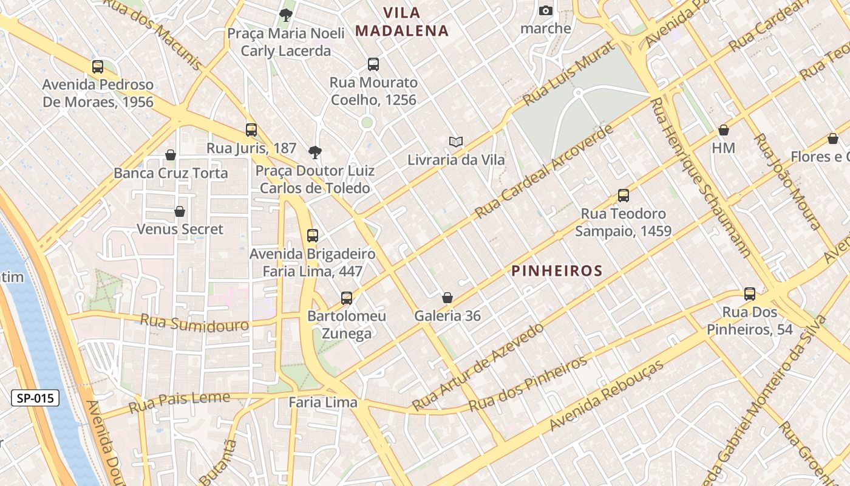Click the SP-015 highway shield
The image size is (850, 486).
click(x=36, y=399)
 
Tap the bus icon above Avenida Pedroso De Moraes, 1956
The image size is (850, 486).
click(x=98, y=67)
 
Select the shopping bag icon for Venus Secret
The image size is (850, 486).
click(x=180, y=211)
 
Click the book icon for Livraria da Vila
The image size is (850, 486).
click(x=456, y=142)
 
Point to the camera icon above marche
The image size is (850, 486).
click(x=546, y=10)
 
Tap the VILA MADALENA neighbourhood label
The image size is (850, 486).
click(x=402, y=22)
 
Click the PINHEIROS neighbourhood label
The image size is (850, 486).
click(x=557, y=271)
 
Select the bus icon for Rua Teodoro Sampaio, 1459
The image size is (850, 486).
click(x=624, y=196)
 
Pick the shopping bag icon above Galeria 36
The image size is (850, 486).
click(x=447, y=298)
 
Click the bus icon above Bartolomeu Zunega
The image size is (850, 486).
click(x=347, y=298)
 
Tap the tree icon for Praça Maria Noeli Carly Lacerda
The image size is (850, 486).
click(x=285, y=15)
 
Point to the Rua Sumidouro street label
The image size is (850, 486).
click(x=194, y=323)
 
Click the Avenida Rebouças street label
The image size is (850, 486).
click(x=607, y=395)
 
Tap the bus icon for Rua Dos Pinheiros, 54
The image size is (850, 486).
click(x=750, y=294)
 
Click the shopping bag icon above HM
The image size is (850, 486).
click(x=724, y=130)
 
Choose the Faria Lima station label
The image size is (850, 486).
click(x=323, y=402)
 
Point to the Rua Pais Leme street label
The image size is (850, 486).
click(x=171, y=401)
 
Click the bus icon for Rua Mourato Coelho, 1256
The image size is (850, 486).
click(x=373, y=64)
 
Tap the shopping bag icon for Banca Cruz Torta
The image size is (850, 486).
click(x=171, y=155)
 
